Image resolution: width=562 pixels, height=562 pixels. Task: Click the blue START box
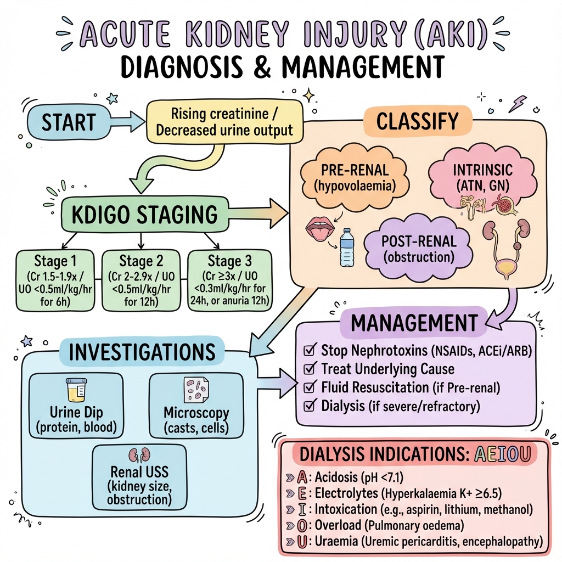(x=60, y=122)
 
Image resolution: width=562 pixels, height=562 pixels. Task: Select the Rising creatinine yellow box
(x=224, y=123)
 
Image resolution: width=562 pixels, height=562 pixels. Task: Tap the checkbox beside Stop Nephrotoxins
(x=309, y=350)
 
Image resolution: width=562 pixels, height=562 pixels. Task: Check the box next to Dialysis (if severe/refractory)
(x=309, y=406)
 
